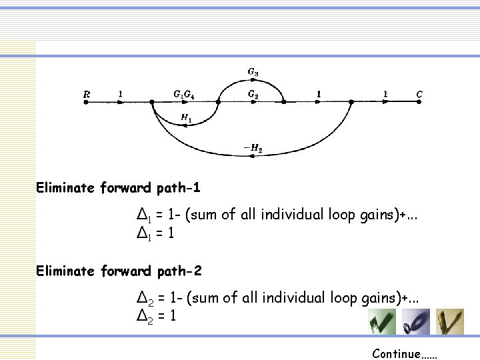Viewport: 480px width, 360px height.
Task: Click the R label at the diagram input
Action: coord(87,95)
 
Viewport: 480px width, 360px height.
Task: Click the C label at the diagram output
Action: coord(419,95)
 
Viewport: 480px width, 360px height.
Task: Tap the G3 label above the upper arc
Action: coord(253,71)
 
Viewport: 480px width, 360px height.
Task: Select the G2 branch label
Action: coord(253,94)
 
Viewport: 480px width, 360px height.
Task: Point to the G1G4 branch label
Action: coord(184,95)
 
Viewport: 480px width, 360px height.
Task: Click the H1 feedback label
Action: coord(186,117)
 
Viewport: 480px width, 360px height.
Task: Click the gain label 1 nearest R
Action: coord(120,95)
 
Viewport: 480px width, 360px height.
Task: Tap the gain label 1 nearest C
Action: coord(385,95)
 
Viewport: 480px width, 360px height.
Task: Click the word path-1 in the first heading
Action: coord(179,188)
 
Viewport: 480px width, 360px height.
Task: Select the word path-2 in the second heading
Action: coord(179,271)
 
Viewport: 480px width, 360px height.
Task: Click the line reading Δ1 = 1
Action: coord(155,233)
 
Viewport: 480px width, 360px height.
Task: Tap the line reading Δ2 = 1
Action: coord(155,316)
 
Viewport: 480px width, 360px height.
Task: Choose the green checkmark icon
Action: coord(382,321)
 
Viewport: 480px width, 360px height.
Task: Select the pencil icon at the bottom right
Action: coord(450,321)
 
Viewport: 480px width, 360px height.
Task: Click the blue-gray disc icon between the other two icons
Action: coord(416,321)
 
